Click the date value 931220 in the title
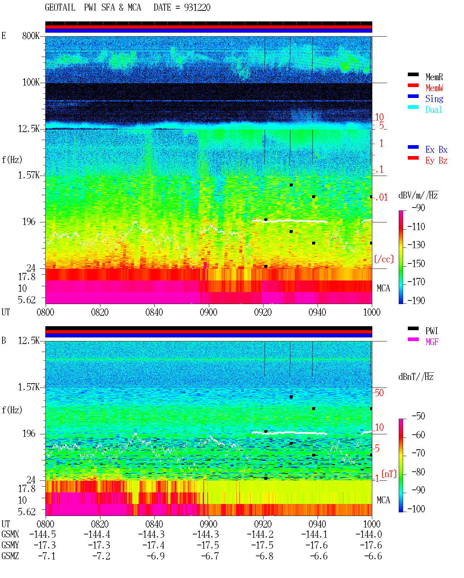[x=197, y=7]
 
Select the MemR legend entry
[x=434, y=77]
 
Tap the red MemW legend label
[x=434, y=88]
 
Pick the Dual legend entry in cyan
[x=434, y=110]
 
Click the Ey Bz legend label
[x=436, y=160]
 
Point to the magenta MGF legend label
[x=432, y=342]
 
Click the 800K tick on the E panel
[x=31, y=36]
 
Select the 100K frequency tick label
[x=31, y=82]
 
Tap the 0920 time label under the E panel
[x=263, y=312]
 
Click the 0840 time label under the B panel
[x=154, y=524]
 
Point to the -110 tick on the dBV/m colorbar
[x=416, y=227]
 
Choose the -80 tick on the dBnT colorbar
[x=418, y=472]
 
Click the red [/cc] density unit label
[x=384, y=259]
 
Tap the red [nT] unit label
[x=389, y=474]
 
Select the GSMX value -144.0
[x=368, y=534]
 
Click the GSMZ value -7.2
[x=101, y=556]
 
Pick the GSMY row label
[x=10, y=545]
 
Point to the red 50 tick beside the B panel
[x=379, y=393]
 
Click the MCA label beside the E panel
[x=383, y=288]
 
